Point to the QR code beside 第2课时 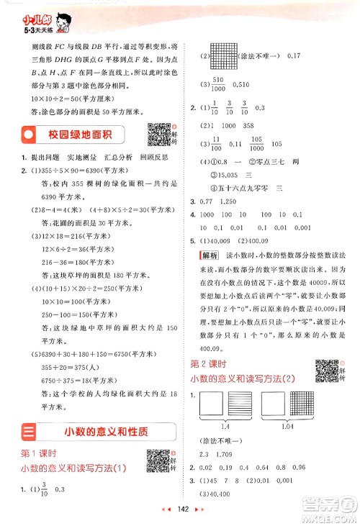328,371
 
